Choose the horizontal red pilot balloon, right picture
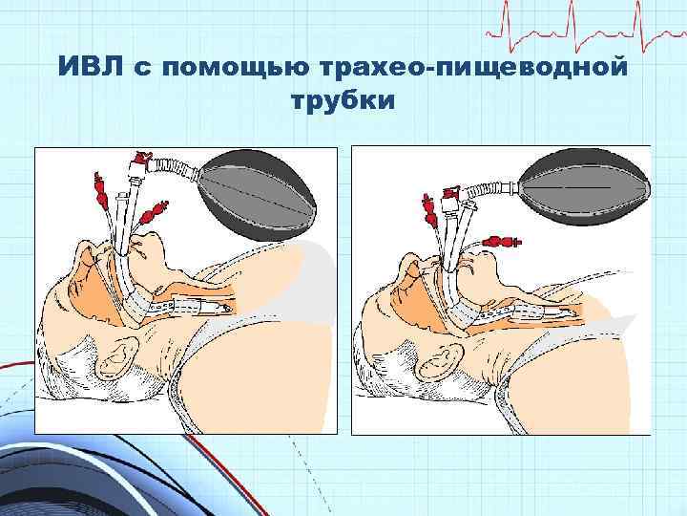(x=501, y=241)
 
